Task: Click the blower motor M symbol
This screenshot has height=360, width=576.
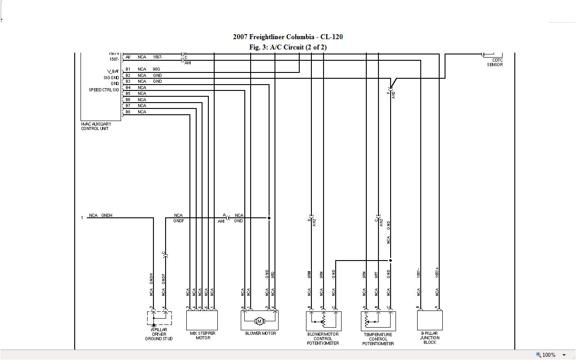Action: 259,321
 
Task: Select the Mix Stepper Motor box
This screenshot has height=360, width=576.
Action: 202,320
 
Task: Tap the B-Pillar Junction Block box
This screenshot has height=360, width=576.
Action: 430,320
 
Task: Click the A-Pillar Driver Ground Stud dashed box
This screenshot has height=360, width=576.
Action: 159,318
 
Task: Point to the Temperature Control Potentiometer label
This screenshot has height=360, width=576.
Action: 378,339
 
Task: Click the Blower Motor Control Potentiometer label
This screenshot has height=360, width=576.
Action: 323,339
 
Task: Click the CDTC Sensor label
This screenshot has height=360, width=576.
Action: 495,63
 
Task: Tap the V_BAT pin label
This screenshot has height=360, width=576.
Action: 113,72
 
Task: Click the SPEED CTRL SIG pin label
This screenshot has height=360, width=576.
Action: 104,90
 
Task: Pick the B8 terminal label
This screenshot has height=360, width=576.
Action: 128,112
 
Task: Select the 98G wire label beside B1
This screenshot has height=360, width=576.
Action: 157,69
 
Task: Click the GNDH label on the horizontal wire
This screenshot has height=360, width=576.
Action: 107,216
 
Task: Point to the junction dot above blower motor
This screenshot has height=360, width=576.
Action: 269,218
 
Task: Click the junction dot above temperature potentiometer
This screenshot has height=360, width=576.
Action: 391,261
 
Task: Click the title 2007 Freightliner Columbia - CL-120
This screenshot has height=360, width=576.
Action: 288,37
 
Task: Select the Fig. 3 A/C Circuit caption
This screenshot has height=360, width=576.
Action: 288,47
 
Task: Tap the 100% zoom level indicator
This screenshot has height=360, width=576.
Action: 549,355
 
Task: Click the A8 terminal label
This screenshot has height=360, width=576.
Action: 128,57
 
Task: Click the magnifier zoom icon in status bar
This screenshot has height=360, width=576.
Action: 538,355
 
